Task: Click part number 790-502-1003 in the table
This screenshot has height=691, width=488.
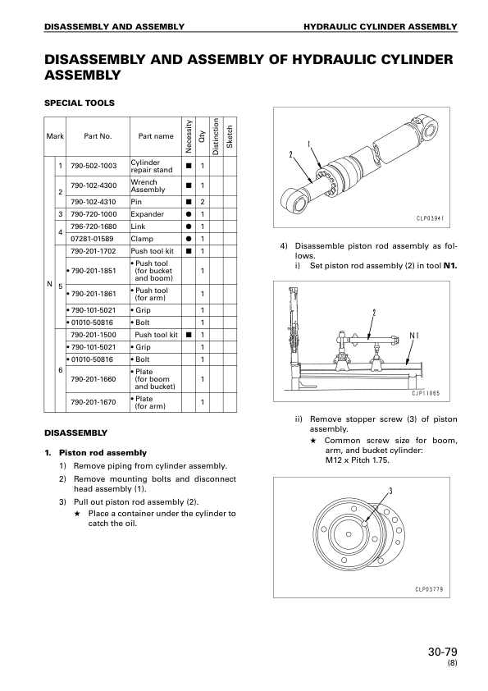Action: pyautogui.click(x=93, y=166)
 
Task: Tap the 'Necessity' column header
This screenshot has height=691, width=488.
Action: pyautogui.click(x=189, y=136)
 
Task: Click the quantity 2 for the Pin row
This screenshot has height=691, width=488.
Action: pyautogui.click(x=203, y=202)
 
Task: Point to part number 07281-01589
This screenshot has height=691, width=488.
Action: pyautogui.click(x=92, y=239)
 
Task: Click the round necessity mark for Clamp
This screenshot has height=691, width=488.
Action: pyautogui.click(x=189, y=239)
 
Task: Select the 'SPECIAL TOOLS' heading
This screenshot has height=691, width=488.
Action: pyautogui.click(x=80, y=103)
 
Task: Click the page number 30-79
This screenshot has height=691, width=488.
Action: pyautogui.click(x=443, y=652)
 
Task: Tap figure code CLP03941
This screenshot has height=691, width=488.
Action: pyautogui.click(x=430, y=218)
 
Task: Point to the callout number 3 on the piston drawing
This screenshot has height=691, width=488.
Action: pyautogui.click(x=390, y=491)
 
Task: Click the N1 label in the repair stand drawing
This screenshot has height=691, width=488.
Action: pyautogui.click(x=414, y=336)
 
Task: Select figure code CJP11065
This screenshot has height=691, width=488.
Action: pyautogui.click(x=426, y=393)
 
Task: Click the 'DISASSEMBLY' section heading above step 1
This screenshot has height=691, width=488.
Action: pyautogui.click(x=75, y=433)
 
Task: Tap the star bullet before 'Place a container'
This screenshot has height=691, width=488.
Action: pyautogui.click(x=77, y=514)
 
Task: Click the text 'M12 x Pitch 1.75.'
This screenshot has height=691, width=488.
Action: pyautogui.click(x=358, y=460)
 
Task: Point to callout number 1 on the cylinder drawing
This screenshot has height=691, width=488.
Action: pyautogui.click(x=308, y=144)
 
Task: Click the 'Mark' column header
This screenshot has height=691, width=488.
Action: pyautogui.click(x=55, y=136)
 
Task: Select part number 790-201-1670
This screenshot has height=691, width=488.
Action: pyautogui.click(x=93, y=402)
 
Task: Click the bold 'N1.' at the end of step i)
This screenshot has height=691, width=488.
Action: pyautogui.click(x=450, y=266)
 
